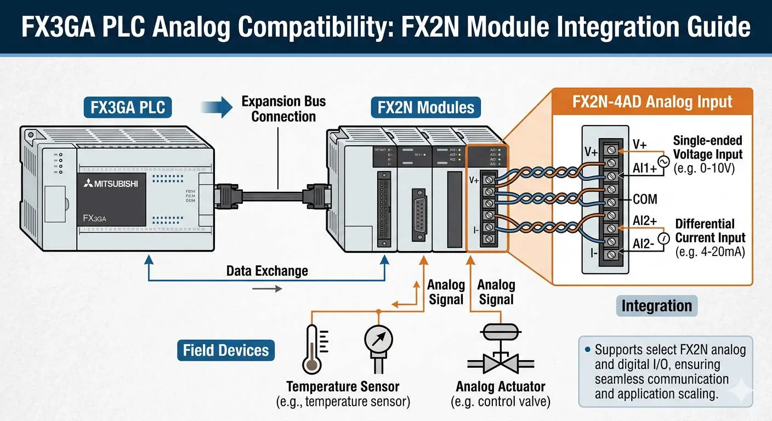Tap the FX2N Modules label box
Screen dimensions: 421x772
pyautogui.click(x=425, y=107)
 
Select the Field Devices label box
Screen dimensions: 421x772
pyautogui.click(x=226, y=350)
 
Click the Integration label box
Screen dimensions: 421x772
pyautogui.click(x=656, y=305)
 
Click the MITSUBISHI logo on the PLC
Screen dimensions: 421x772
pyautogui.click(x=111, y=184)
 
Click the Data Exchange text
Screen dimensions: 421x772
pyautogui.click(x=267, y=271)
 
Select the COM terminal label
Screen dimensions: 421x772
pyautogui.click(x=645, y=199)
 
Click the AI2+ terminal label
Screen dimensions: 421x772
pyautogui.click(x=644, y=221)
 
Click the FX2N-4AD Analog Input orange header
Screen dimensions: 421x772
pyautogui.click(x=652, y=101)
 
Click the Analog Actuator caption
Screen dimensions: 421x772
pyautogui.click(x=500, y=386)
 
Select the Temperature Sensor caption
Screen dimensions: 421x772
pyautogui.click(x=343, y=386)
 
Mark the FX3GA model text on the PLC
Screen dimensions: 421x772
pyautogui.click(x=94, y=218)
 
